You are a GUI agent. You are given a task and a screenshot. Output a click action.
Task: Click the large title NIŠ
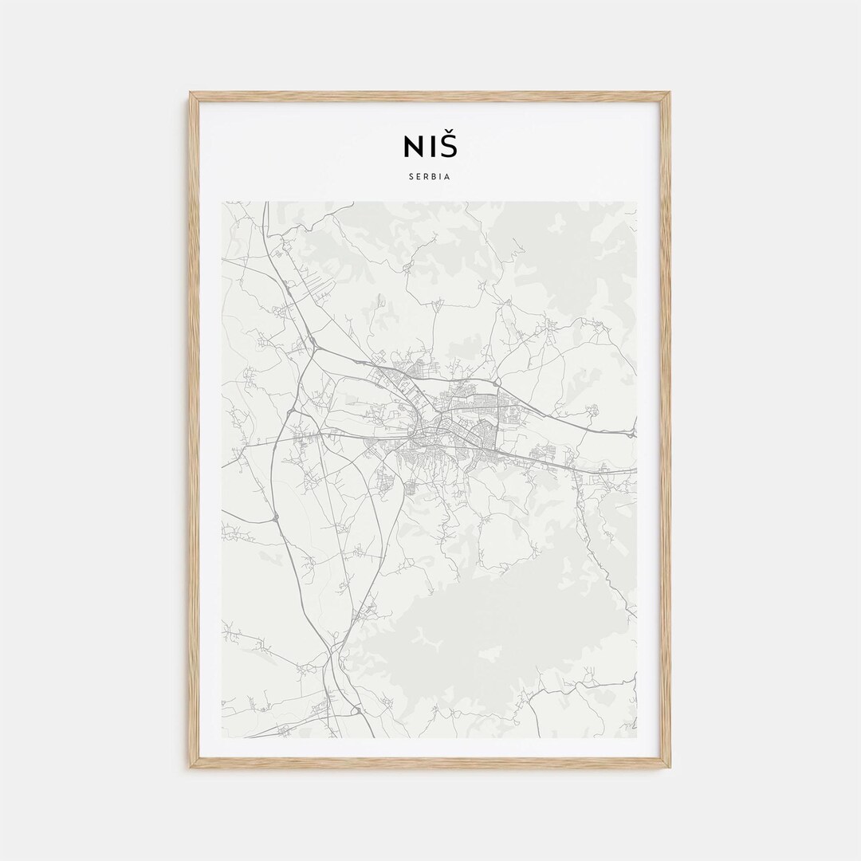click(431, 146)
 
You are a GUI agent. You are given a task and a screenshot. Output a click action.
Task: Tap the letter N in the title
click(413, 147)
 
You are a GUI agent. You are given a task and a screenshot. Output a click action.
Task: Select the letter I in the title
click(431, 147)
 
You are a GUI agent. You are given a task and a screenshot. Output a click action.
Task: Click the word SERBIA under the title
click(431, 177)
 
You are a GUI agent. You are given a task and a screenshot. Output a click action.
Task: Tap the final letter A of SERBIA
click(448, 177)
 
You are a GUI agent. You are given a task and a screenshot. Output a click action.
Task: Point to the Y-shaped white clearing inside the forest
click(431, 638)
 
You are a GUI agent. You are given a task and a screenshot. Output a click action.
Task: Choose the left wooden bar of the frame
click(194, 431)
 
